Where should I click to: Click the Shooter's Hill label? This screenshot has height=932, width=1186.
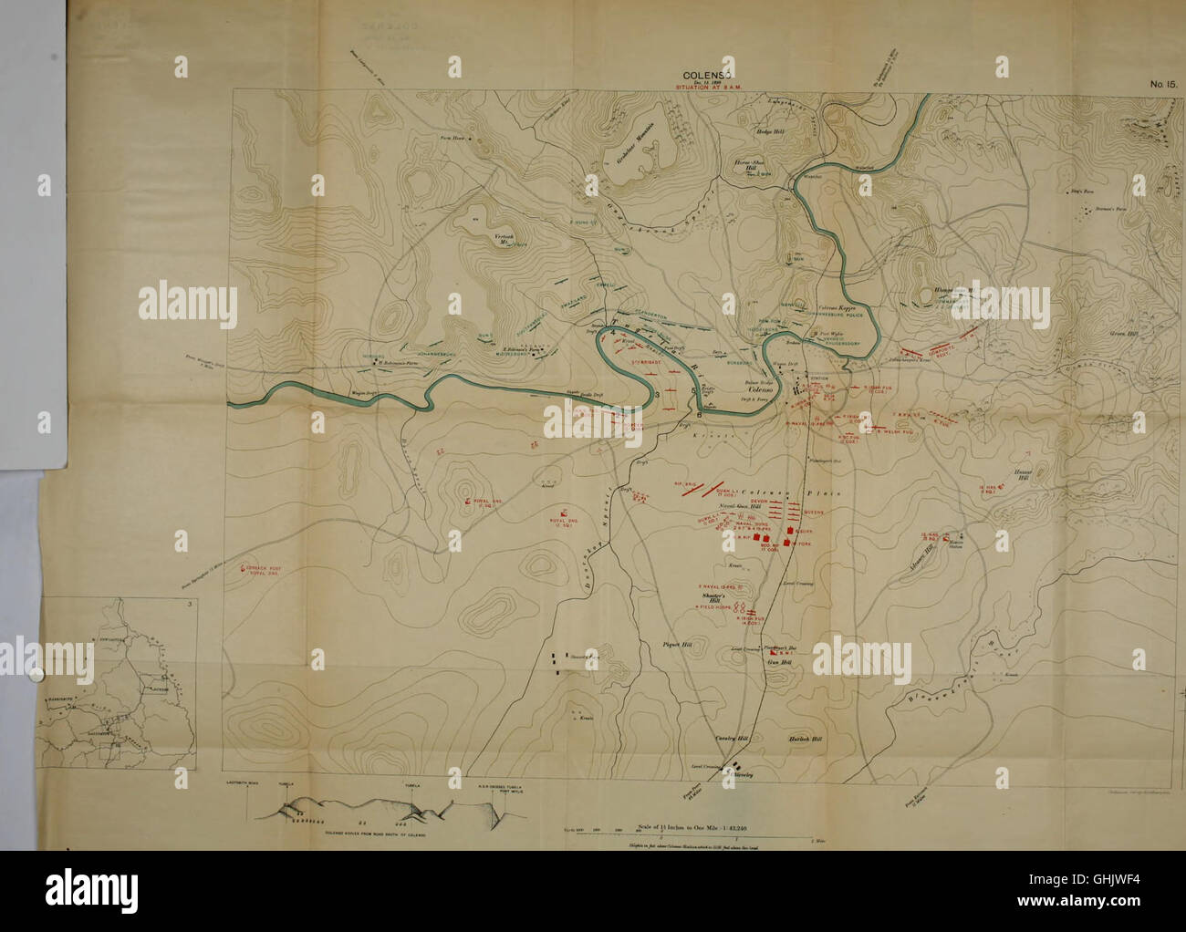tap(712, 595)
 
